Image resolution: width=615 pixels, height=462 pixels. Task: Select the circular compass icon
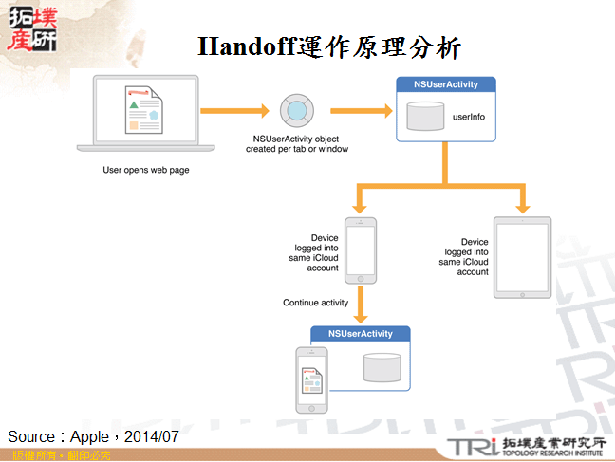[297, 111]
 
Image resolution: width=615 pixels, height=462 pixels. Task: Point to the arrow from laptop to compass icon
[236, 111]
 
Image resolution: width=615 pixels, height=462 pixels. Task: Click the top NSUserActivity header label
[446, 84]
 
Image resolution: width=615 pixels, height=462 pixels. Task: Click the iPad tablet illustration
[522, 257]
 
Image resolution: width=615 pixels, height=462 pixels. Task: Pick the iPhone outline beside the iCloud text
[360, 250]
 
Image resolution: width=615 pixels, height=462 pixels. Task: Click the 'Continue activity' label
[316, 303]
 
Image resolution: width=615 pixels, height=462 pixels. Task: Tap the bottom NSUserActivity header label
[361, 334]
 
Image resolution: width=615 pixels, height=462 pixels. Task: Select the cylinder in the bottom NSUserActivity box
[382, 367]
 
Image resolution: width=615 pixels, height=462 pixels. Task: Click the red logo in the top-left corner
[30, 28]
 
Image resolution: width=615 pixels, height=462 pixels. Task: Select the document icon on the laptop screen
[144, 110]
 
